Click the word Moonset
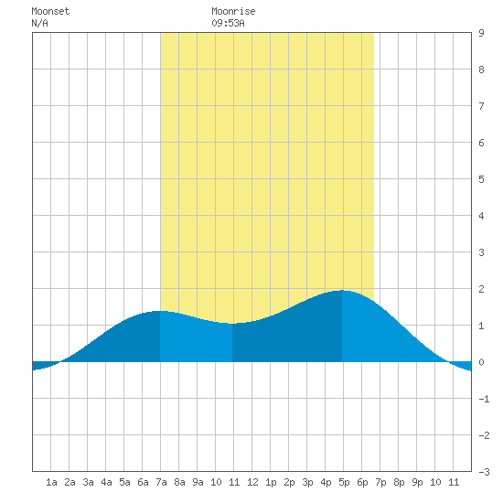pos(50,11)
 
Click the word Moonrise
pos(233,11)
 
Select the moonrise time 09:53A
pos(228,23)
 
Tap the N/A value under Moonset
pos(39,23)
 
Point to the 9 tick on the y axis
pos(481,33)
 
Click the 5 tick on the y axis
pos(481,179)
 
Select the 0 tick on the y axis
pos(481,362)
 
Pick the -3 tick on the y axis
pos(484,472)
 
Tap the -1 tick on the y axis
pos(484,399)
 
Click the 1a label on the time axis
pos(51,482)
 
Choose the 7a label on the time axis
pos(161,482)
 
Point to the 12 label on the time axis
pos(252,482)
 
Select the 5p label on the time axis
pos(344,482)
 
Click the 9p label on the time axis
pos(417,482)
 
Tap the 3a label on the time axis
pos(88,482)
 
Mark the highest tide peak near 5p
pos(342,290)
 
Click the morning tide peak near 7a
pos(158,311)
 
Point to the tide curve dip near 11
pos(232,324)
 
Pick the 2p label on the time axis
pos(289,482)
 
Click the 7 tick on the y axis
pos(481,106)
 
